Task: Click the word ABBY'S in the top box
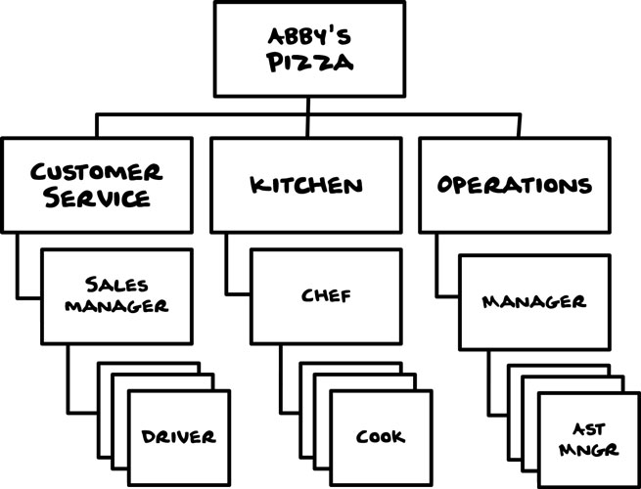[309, 37]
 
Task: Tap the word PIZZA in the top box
[310, 63]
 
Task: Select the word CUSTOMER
[97, 172]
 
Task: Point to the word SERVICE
[97, 198]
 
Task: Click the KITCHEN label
[306, 186]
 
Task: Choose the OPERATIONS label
[515, 185]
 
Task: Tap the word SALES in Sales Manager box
[116, 285]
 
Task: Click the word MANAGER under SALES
[116, 305]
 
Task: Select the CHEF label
[326, 295]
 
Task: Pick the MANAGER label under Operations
[534, 302]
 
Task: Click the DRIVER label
[178, 437]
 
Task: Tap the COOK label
[380, 437]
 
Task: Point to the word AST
[589, 429]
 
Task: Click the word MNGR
[589, 450]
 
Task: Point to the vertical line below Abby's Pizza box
[308, 117]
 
